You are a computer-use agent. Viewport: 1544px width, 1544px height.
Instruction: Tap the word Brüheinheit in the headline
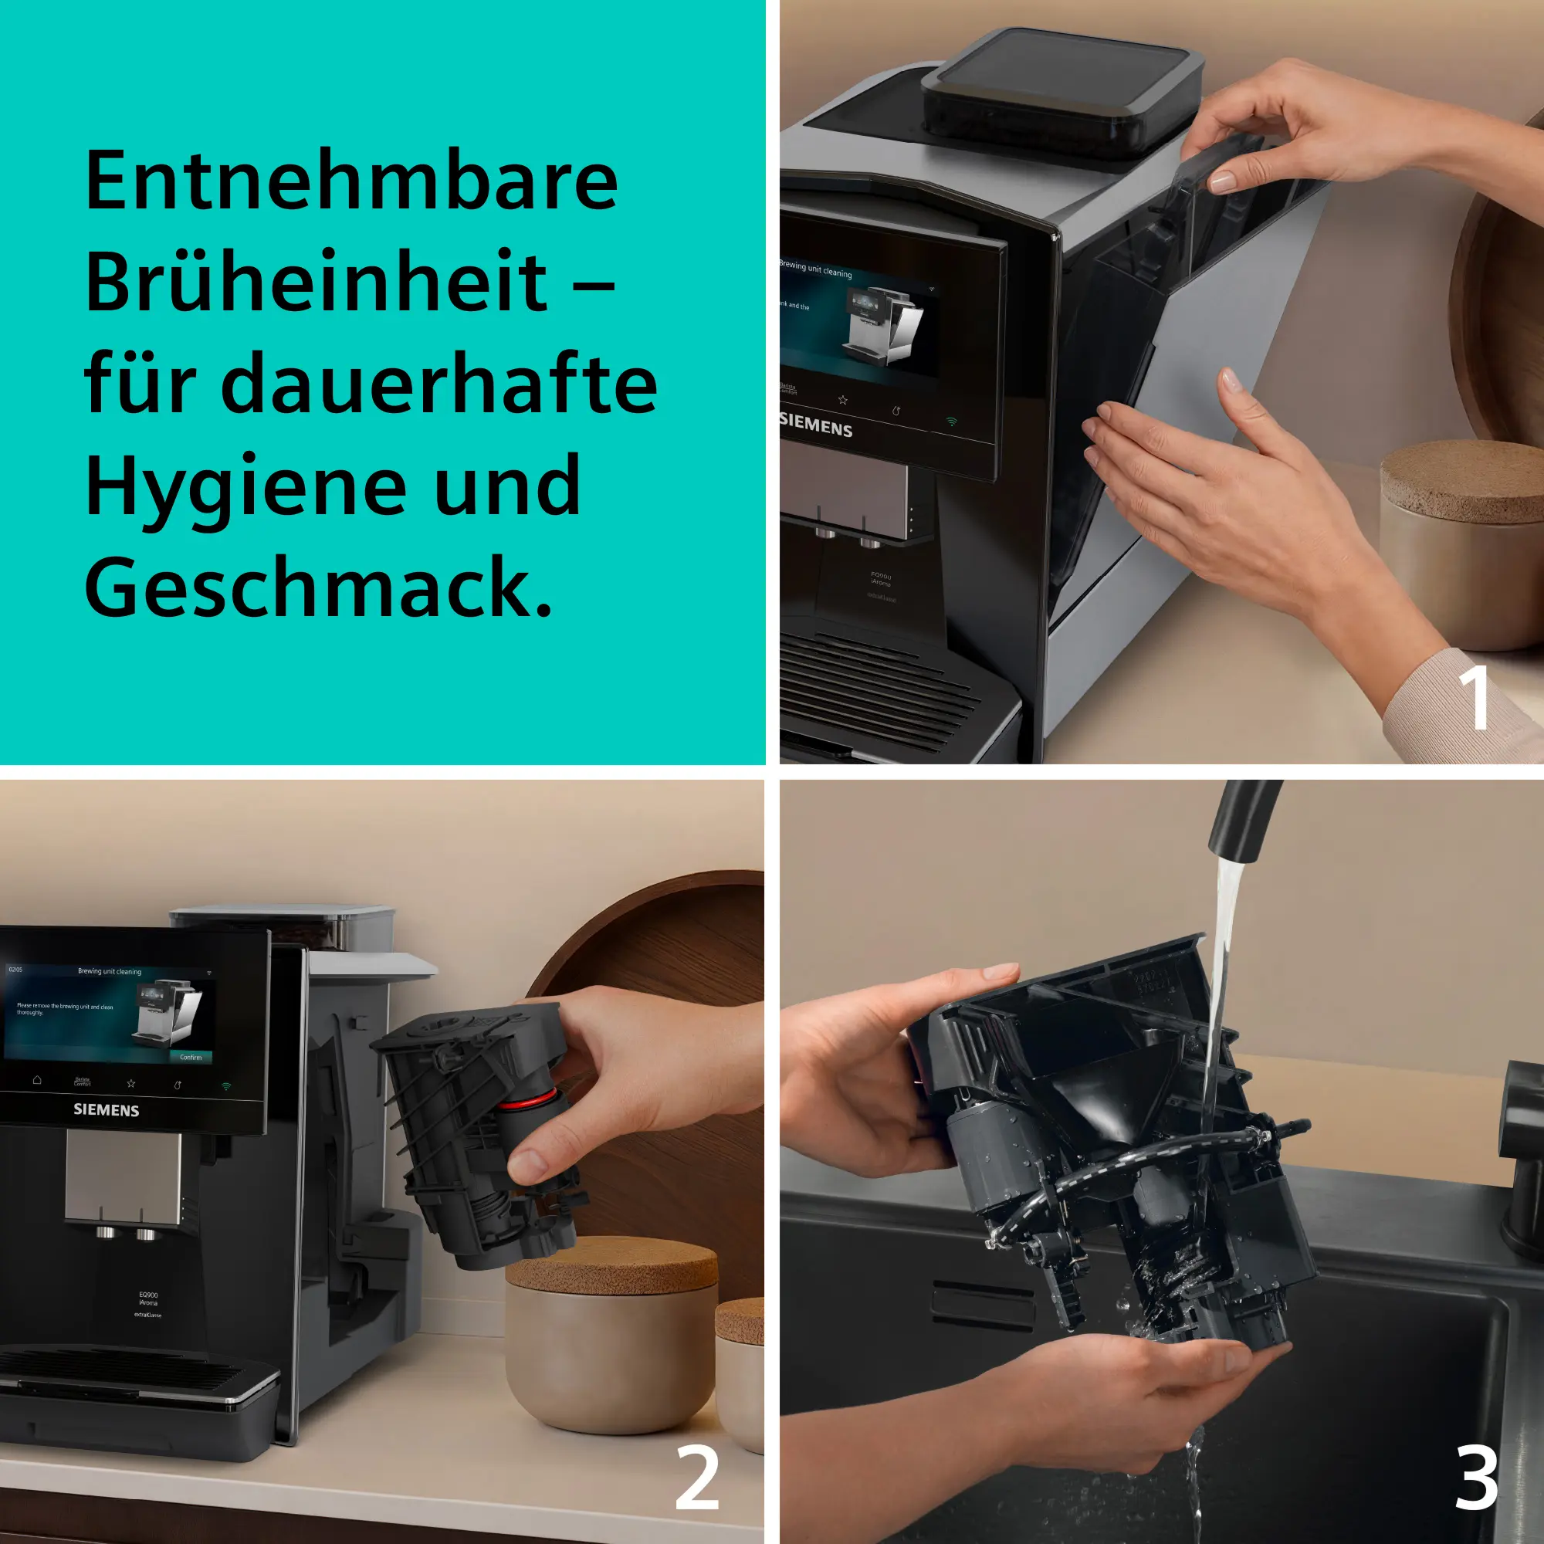317,282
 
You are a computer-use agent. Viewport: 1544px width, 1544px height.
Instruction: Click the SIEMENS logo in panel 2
107,1110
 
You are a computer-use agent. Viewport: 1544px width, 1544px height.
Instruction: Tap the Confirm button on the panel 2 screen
190,1057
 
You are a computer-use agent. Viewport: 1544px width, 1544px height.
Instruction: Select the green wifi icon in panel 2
226,1086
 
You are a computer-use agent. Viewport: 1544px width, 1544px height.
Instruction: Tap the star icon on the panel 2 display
131,1084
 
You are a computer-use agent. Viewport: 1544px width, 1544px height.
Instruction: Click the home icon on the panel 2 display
37,1080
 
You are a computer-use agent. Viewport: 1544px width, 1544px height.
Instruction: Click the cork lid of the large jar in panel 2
611,1265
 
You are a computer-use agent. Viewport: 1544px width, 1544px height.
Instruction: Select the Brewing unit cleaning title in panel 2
110,972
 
